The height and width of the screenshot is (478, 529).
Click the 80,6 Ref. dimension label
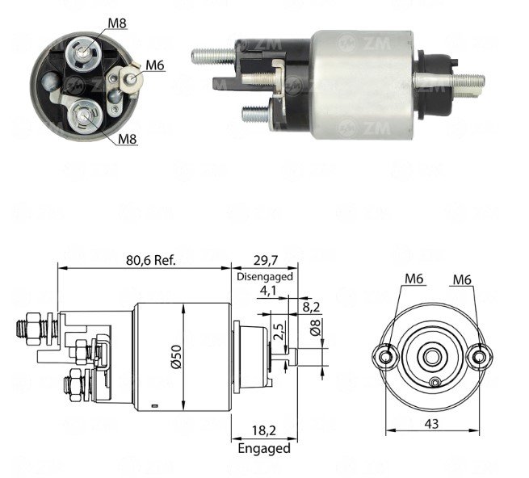[x=151, y=260]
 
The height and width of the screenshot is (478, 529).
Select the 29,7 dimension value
[x=265, y=260]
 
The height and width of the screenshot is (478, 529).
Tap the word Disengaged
[x=265, y=277]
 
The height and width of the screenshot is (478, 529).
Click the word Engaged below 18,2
[x=264, y=448]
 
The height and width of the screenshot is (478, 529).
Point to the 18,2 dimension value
[x=264, y=430]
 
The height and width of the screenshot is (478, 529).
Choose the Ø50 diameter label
[x=178, y=357]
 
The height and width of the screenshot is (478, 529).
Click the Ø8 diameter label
[x=315, y=328]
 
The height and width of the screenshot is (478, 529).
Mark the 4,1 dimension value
[x=268, y=291]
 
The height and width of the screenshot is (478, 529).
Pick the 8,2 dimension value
[x=311, y=307]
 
